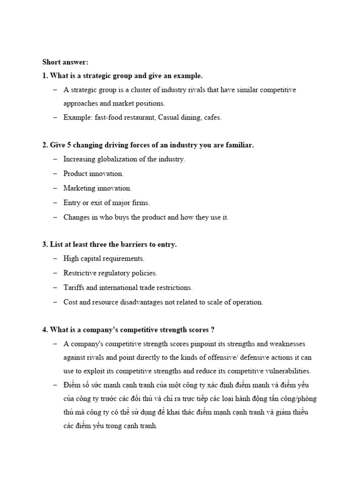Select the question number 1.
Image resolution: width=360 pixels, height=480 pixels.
[x=45, y=75]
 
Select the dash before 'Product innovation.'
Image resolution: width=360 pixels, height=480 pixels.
[x=55, y=173]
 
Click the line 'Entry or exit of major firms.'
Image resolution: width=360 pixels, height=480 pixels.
[x=106, y=202]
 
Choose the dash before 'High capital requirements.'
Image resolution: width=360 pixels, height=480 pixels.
[x=55, y=259]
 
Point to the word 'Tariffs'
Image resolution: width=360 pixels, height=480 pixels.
[x=74, y=287]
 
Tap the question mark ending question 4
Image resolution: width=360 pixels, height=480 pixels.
[x=212, y=330]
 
